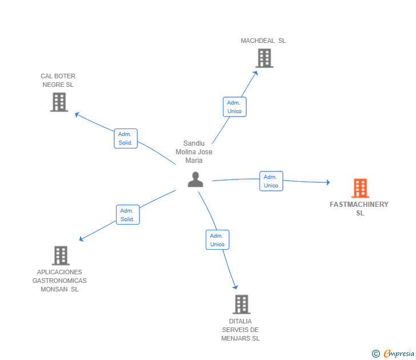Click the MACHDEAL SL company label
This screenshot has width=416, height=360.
[263, 41]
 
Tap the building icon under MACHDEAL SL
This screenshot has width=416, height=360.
[265, 58]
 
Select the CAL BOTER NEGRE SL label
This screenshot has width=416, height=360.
[58, 81]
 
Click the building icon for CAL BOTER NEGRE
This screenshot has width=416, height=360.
[59, 102]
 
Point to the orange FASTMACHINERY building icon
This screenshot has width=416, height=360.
[360, 188]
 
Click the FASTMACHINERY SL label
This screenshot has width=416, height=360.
[359, 209]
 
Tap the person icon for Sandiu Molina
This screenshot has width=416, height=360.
[195, 179]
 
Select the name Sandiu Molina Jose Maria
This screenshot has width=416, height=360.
[194, 152]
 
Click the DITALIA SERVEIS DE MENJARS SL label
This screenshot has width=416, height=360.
[241, 330]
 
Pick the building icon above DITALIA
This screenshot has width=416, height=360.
[242, 305]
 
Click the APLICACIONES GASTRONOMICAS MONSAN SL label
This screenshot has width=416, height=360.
[59, 281]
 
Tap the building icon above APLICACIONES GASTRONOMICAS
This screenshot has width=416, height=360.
[61, 255]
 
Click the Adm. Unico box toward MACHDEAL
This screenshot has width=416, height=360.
[234, 107]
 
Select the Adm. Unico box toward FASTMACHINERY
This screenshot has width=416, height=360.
[271, 181]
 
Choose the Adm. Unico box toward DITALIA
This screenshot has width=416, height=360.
[218, 240]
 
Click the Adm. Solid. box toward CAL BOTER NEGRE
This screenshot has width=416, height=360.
[126, 138]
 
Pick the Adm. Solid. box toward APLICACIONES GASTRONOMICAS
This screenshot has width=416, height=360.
[128, 215]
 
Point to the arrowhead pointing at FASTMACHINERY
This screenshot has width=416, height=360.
[329, 182]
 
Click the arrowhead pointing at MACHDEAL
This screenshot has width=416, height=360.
[256, 73]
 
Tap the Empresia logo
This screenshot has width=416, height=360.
[393, 354]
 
